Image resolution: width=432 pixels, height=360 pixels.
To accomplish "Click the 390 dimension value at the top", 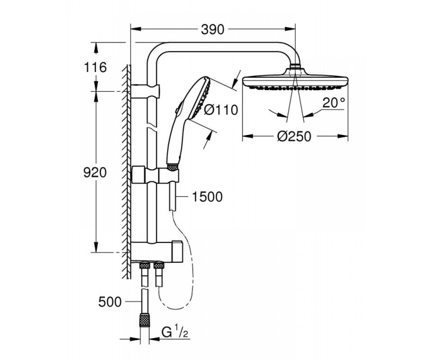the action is [x=213, y=30].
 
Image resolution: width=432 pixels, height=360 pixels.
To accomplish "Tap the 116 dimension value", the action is [x=95, y=67].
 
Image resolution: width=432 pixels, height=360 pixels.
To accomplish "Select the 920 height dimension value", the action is [x=95, y=173].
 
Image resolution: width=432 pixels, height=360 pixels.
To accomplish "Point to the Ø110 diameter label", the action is [x=221, y=110].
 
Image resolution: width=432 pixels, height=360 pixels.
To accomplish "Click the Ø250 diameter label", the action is [x=294, y=136].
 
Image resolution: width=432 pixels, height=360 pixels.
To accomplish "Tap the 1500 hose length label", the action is [x=207, y=197].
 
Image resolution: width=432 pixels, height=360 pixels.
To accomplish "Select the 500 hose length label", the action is [x=110, y=302].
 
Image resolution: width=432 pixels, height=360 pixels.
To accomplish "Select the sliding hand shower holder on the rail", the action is [x=155, y=174].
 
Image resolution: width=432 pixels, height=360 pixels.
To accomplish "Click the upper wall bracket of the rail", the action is [x=145, y=91].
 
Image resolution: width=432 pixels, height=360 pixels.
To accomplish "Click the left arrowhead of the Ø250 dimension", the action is [x=248, y=136].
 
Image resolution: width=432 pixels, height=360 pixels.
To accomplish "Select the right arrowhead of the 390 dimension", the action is [x=290, y=29].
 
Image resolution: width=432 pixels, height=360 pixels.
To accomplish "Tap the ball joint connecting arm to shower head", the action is [x=295, y=67].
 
